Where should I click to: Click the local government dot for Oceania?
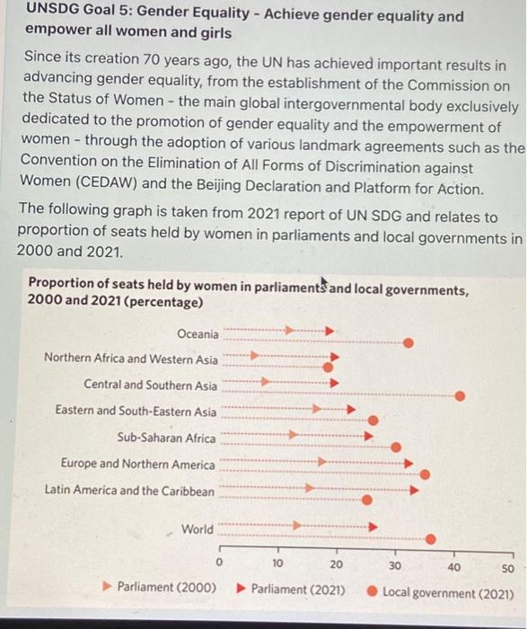[408, 342]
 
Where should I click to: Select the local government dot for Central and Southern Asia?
[461, 394]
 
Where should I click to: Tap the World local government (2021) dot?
[431, 539]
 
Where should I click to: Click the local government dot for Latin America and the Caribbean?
[366, 500]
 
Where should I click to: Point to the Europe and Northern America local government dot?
[425, 474]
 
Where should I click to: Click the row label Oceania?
[197, 334]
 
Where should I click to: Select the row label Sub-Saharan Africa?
[166, 439]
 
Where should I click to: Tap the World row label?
[198, 529]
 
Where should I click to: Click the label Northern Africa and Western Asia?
[130, 359]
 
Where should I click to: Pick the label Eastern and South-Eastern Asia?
[136, 412]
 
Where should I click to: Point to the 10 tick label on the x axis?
[277, 564]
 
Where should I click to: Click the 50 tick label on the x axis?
[508, 568]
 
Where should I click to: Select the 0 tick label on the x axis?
[219, 563]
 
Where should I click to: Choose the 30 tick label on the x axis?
[394, 565]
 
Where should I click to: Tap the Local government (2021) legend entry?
[447, 593]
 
